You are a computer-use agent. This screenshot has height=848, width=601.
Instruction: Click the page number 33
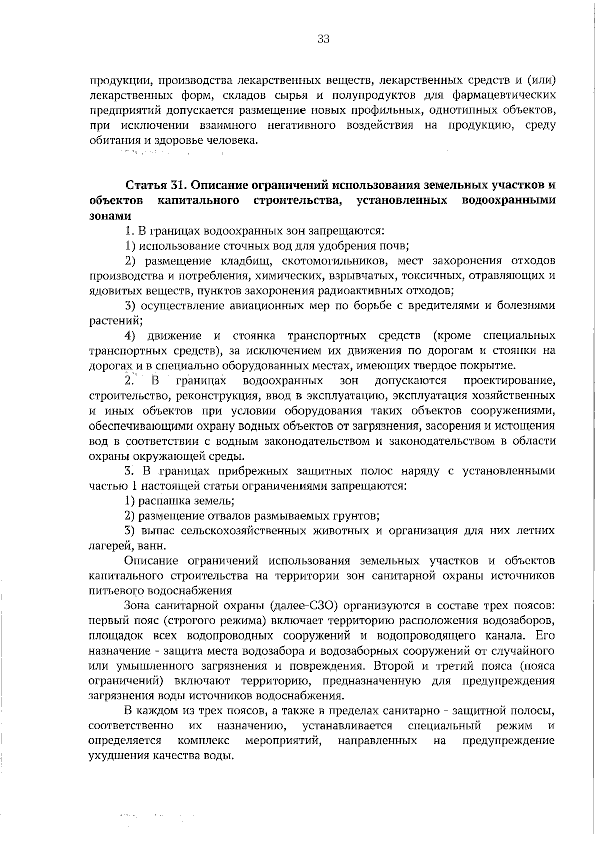click(323, 39)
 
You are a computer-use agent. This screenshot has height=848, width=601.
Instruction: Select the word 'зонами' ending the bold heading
click(110, 216)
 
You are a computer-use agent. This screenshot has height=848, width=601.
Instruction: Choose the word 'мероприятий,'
click(283, 741)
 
